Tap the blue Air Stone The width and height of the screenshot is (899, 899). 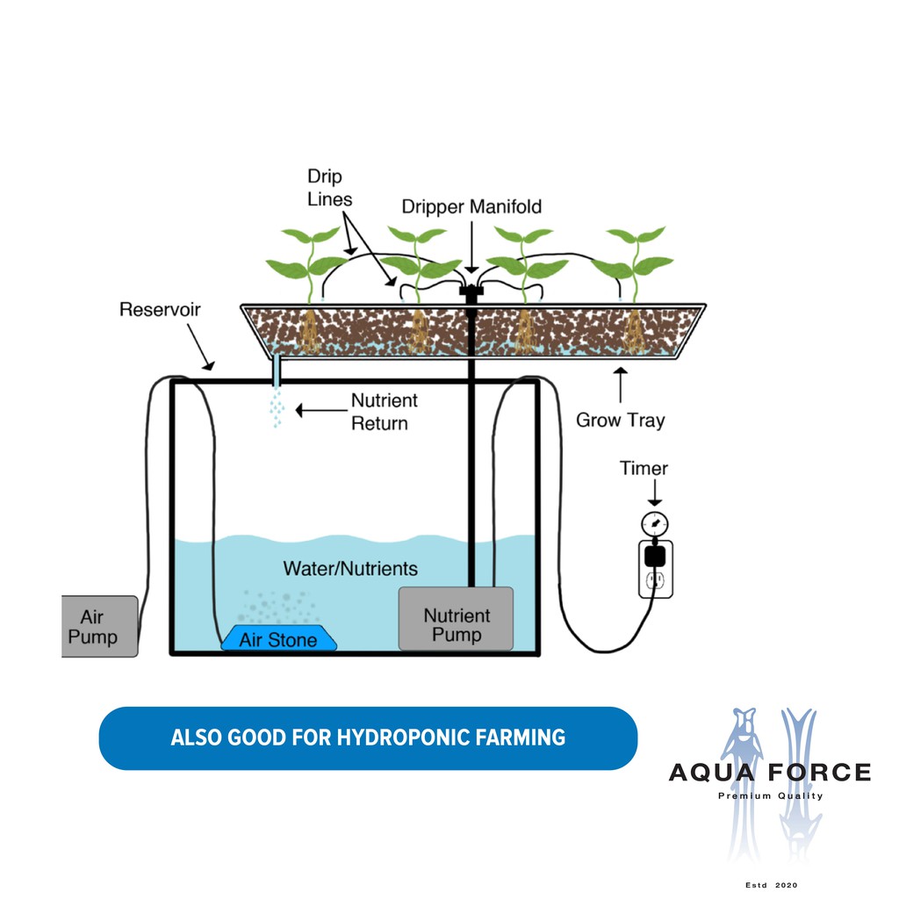click(x=278, y=638)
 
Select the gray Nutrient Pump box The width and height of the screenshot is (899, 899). click(x=456, y=619)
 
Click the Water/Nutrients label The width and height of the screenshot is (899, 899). click(x=350, y=568)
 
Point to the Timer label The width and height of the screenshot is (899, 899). click(x=644, y=468)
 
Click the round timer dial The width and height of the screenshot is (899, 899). click(x=652, y=525)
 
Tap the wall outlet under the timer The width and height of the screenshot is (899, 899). click(x=655, y=579)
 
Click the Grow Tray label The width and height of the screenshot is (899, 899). click(x=620, y=420)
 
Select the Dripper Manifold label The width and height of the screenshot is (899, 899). click(x=471, y=207)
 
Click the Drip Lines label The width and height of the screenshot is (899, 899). click(x=329, y=187)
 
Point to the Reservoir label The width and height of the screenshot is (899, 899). click(x=160, y=309)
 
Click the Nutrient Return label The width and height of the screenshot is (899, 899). click(x=379, y=412)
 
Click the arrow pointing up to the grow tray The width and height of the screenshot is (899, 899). click(x=621, y=385)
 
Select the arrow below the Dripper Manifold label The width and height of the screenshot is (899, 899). click(x=471, y=246)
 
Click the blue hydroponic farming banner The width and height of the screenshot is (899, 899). click(x=368, y=737)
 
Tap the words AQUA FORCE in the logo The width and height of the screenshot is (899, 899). click(x=769, y=773)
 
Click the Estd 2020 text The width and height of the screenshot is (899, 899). click(x=770, y=885)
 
